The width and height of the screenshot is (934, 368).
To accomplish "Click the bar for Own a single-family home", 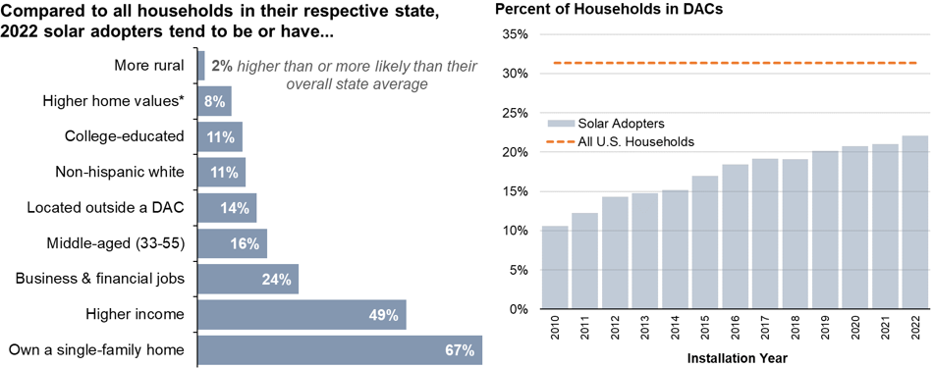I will pyautogui.click(x=339, y=349).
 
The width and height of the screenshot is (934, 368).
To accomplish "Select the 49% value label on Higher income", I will pyautogui.click(x=383, y=315).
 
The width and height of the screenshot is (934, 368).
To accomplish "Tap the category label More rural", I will pyautogui.click(x=149, y=66).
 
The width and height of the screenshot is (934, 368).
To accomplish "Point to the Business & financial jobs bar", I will pyautogui.click(x=247, y=279).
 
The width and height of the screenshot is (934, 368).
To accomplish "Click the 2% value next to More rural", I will pyautogui.click(x=222, y=66).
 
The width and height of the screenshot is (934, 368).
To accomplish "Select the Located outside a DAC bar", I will pyautogui.click(x=227, y=208).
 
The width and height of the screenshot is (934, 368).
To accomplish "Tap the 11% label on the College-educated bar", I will pyautogui.click(x=221, y=137).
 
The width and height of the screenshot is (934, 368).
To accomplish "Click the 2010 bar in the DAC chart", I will pyautogui.click(x=555, y=268).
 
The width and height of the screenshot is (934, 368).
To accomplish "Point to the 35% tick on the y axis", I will pyautogui.click(x=515, y=34).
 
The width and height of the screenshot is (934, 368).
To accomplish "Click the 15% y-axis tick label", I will pyautogui.click(x=515, y=191).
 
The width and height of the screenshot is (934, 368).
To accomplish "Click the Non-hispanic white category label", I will pyautogui.click(x=120, y=173).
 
